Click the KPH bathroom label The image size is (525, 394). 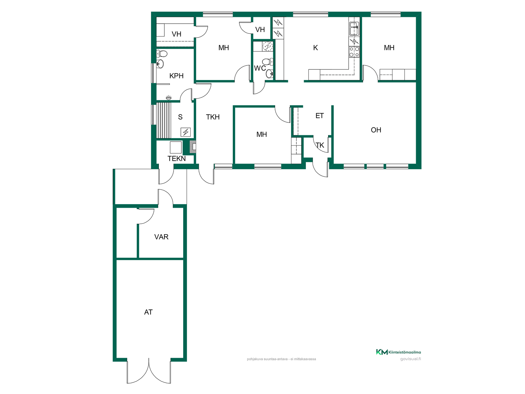coord(176,76)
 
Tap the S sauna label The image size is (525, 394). coord(180,117)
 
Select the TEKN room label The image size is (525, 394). coord(177,158)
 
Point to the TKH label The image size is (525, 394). coord(213,117)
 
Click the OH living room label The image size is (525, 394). coord(376,130)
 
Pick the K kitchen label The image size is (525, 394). coord(316,48)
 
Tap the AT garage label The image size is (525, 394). coord(148,312)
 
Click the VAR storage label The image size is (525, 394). coord(161,237)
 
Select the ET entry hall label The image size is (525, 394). coord(320,116)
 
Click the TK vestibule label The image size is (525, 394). coord(320,145)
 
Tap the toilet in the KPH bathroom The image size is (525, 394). coord(162,53)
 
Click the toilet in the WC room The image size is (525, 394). coord(268,62)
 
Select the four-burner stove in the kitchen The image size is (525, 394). coord(354,52)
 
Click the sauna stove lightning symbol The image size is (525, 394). coord(186,132)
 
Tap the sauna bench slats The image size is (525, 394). coord(164,120)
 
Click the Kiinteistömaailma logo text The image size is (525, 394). coord(405,352)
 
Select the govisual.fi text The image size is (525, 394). coord(410,359)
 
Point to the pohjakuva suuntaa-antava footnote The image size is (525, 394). coord(281,359)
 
